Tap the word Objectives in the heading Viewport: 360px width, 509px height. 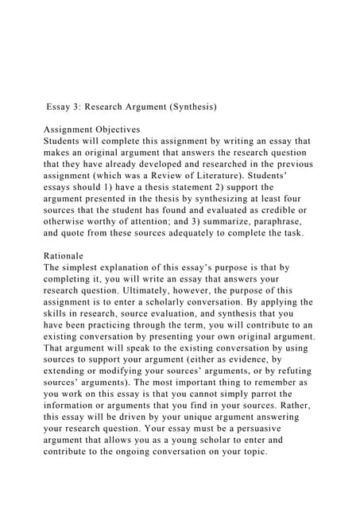114,129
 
